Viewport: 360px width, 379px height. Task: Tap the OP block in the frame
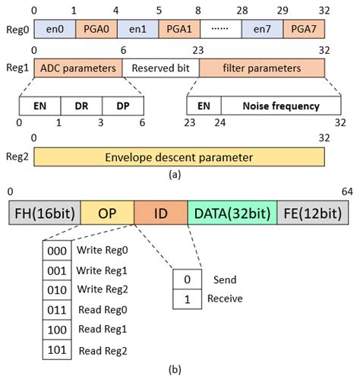[106, 210]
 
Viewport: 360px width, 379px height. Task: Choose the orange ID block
[160, 210]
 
